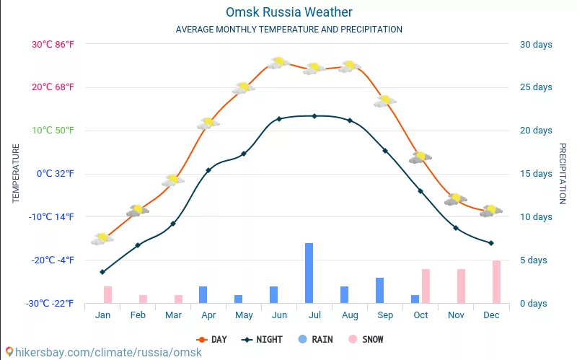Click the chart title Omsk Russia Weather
click(288, 12)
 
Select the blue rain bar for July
click(309, 273)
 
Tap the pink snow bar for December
click(496, 281)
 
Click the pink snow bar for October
click(426, 286)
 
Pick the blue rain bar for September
click(379, 290)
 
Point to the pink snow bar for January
click(107, 294)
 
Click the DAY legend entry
click(211, 339)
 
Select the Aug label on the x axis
click(349, 315)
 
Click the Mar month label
click(173, 315)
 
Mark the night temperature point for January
click(102, 272)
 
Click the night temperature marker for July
click(314, 115)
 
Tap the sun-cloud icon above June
click(278, 63)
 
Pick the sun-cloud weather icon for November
click(455, 199)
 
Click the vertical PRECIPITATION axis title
click(563, 173)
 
